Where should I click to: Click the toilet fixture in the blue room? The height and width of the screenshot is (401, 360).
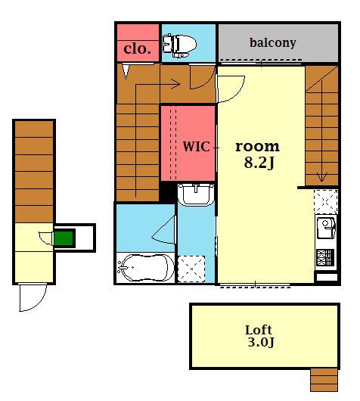pyautogui.click(x=179, y=45)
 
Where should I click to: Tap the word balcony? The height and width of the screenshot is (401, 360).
pyautogui.click(x=273, y=43)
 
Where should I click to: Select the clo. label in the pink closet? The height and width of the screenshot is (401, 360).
pyautogui.click(x=137, y=48)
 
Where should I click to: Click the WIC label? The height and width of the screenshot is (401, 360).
pyautogui.click(x=197, y=147)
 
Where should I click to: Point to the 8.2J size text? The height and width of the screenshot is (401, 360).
pyautogui.click(x=259, y=163)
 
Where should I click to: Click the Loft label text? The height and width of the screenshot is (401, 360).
pyautogui.click(x=259, y=330)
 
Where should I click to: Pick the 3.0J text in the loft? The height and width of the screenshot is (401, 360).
pyautogui.click(x=261, y=342)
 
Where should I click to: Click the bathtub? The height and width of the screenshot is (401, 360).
pyautogui.click(x=145, y=268)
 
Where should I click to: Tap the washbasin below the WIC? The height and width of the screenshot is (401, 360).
pyautogui.click(x=196, y=194)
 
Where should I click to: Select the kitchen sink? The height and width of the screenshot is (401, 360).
pyautogui.click(x=326, y=228)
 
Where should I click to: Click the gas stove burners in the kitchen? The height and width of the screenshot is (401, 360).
pyautogui.click(x=325, y=257)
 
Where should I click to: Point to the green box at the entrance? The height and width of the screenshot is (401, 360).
pyautogui.click(x=64, y=238)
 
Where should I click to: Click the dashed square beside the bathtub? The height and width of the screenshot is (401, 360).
pyautogui.click(x=191, y=269)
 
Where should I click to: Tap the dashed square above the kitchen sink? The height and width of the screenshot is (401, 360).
pyautogui.click(x=326, y=202)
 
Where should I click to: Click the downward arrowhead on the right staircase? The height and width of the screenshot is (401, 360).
pyautogui.click(x=321, y=177)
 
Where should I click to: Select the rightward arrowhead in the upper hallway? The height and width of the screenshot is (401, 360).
pyautogui.click(x=175, y=84)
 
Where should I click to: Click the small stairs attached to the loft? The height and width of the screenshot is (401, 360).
pyautogui.click(x=324, y=380)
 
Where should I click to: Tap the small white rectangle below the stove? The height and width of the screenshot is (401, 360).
pyautogui.click(x=327, y=277)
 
